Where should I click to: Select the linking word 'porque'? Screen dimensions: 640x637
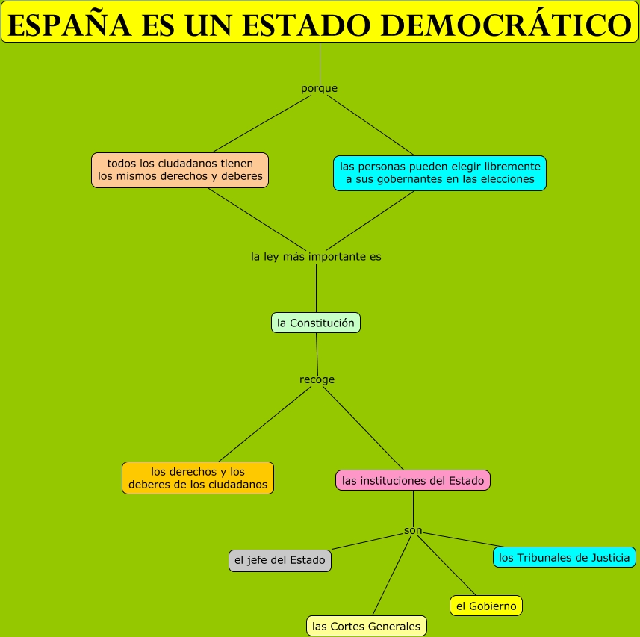point(319,88)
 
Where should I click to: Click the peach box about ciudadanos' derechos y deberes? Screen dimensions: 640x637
point(180,170)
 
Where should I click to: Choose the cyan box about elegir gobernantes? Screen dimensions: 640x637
point(439,173)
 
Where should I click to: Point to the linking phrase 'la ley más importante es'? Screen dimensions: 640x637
point(316,256)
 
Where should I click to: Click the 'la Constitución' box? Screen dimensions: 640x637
point(315,323)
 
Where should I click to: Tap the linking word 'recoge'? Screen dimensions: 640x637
point(317,379)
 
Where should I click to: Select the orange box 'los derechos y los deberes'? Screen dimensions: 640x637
point(198,478)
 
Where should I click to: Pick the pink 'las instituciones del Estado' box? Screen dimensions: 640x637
point(413,480)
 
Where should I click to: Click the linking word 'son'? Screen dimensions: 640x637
point(413,530)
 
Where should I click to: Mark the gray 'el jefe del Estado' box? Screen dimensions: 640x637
point(280,560)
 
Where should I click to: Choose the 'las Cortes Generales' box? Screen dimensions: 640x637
point(367,626)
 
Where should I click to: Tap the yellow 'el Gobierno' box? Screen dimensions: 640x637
point(486,606)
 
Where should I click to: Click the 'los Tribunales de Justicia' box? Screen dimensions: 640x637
point(565,557)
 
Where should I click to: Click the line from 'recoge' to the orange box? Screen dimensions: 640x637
point(263,423)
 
